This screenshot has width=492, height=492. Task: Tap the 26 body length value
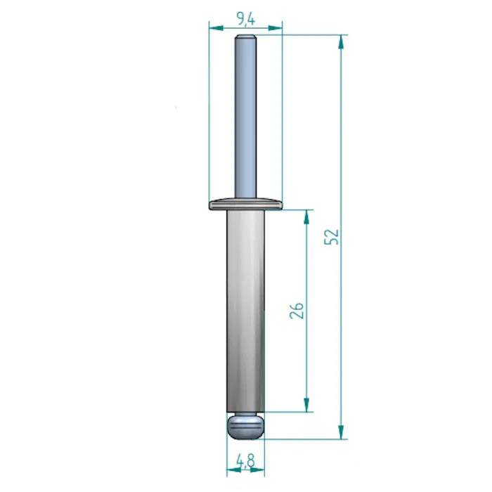297,311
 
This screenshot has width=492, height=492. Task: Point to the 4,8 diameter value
245,461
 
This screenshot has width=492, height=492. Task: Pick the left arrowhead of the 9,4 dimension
216,27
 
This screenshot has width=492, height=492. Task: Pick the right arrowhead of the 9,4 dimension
276,27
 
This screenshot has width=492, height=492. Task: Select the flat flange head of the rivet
245,204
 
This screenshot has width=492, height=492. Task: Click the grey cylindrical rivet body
245,309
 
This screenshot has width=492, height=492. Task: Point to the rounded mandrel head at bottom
245,425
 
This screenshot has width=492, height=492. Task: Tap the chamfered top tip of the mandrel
245,37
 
